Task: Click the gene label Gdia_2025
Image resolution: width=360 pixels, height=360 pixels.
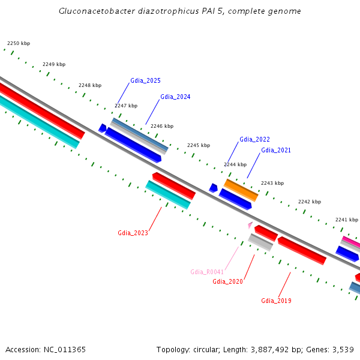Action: pyautogui.click(x=145, y=80)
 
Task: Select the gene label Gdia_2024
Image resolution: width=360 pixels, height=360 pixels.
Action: pyautogui.click(x=175, y=97)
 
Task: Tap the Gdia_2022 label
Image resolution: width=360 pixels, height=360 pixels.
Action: pyautogui.click(x=254, y=139)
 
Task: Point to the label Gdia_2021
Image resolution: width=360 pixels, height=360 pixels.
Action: pyautogui.click(x=276, y=150)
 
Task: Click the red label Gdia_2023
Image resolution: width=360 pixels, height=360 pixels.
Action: pyautogui.click(x=133, y=233)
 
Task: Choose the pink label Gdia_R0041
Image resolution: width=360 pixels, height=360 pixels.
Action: pyautogui.click(x=207, y=272)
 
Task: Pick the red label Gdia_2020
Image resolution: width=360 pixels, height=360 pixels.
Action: pyautogui.click(x=227, y=281)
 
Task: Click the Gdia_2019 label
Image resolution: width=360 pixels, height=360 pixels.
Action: pyautogui.click(x=276, y=301)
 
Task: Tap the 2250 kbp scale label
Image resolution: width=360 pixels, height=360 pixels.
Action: pyautogui.click(x=19, y=43)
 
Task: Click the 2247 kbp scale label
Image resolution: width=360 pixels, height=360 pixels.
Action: pyautogui.click(x=126, y=106)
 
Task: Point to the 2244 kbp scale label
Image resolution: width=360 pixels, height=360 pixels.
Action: pyautogui.click(x=235, y=164)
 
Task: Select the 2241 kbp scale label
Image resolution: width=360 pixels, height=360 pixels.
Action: pyautogui.click(x=346, y=220)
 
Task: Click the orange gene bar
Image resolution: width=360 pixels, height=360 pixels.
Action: pyautogui.click(x=241, y=190)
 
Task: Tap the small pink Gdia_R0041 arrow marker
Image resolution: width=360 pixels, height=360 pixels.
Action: pyautogui.click(x=250, y=225)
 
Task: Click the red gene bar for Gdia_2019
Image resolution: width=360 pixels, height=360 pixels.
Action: pyautogui.click(x=302, y=250)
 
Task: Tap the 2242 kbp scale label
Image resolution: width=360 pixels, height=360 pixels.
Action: pyautogui.click(x=310, y=202)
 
